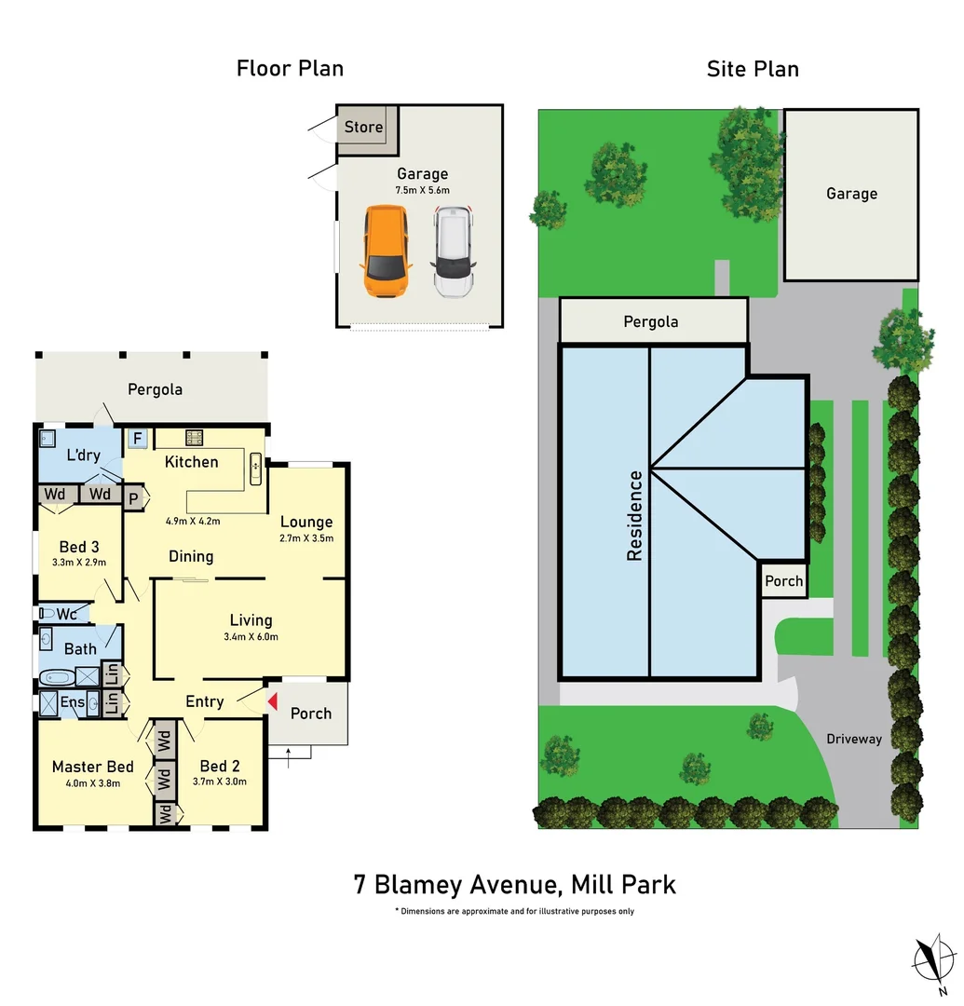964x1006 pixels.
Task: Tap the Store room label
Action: (x=363, y=127)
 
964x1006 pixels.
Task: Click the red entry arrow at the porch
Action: (x=272, y=701)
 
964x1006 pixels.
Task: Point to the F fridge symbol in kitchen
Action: (x=137, y=438)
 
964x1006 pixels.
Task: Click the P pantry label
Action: (x=133, y=498)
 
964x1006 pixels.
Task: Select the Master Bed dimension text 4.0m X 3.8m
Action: (x=92, y=783)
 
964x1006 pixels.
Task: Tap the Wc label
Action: (x=66, y=614)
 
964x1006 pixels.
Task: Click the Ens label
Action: (x=73, y=703)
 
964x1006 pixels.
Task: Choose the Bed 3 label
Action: (x=79, y=547)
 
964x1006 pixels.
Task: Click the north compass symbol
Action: (x=934, y=957)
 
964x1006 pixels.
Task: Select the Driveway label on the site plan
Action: (x=853, y=739)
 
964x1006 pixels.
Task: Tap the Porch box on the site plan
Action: (x=783, y=581)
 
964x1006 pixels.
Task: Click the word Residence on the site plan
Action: (x=634, y=515)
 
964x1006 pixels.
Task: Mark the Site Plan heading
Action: (x=753, y=69)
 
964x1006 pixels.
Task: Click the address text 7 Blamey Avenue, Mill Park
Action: (x=514, y=883)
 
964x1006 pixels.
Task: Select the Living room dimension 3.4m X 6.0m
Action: (x=251, y=637)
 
